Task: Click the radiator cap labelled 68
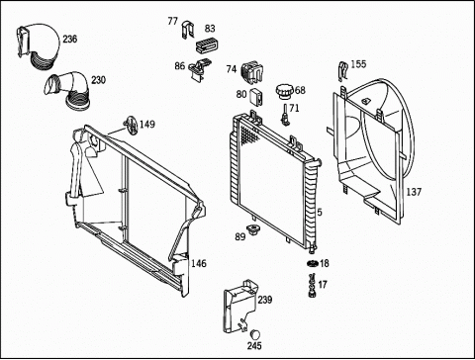[284, 91]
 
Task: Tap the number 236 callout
[70, 40]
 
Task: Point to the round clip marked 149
[131, 126]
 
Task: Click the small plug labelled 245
[254, 334]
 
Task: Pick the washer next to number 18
[313, 263]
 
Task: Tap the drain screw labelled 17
[312, 286]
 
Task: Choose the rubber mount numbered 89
[252, 229]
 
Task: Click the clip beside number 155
[343, 71]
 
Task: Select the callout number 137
[414, 192]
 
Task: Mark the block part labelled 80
[256, 98]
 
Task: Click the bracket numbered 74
[252, 72]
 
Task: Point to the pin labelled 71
[284, 115]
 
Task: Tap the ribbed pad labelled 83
[207, 45]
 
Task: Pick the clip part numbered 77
[188, 30]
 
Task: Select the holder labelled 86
[200, 68]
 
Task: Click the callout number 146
[199, 263]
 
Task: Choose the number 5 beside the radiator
[320, 212]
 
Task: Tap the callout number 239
[265, 300]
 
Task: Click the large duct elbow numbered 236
[38, 45]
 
